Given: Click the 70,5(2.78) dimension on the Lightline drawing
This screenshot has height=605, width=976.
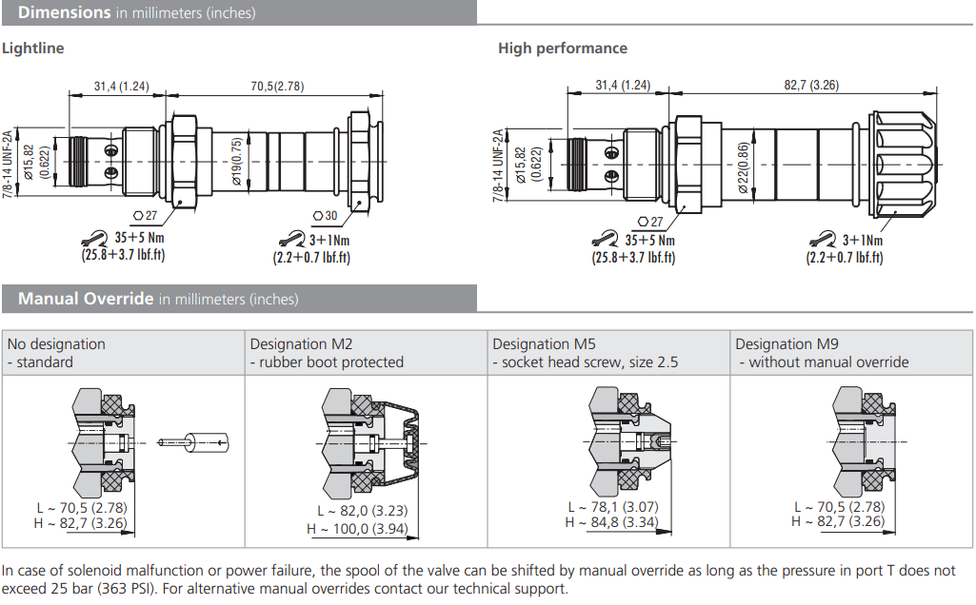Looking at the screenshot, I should [277, 86].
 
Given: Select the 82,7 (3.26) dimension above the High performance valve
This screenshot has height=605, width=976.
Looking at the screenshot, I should [811, 85].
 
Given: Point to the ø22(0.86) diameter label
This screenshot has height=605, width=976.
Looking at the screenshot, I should [743, 164].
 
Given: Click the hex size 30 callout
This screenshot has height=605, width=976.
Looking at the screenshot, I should [325, 216].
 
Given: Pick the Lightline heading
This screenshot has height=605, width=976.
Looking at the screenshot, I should [33, 48].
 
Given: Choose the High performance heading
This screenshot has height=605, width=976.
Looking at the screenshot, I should [563, 48].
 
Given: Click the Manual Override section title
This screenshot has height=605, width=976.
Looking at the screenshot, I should [86, 299].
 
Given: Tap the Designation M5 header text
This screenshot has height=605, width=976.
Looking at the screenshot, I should [544, 344].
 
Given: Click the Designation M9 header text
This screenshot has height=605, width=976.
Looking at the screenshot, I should [787, 344].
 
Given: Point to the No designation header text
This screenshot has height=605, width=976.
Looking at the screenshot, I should [56, 344].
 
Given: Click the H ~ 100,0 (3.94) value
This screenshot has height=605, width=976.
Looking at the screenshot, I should [356, 529].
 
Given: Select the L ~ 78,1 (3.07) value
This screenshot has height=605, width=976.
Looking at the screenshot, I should [613, 508].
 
